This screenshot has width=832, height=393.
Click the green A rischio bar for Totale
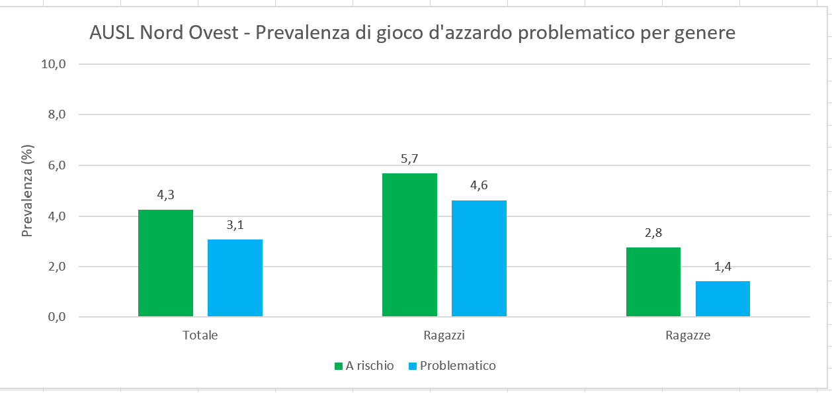coord(165,263)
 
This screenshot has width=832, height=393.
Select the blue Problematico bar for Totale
coord(235,278)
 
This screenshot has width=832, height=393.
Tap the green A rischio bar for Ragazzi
coord(409,245)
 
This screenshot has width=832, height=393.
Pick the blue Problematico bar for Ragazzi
coord(479,259)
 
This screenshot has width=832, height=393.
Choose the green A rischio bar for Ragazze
coord(653,282)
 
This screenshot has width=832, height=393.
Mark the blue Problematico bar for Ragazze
coord(722,299)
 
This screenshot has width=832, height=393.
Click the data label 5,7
coord(409,159)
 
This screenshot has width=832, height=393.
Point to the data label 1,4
coord(722,267)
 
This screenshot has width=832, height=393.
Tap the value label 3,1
coord(235,225)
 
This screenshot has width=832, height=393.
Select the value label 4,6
coord(479,186)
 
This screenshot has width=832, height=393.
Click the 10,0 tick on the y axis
coord(54,64)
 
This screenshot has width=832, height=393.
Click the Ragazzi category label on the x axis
coord(444,335)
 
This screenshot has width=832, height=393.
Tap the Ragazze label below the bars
coord(688,335)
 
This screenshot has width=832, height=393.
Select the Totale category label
coord(200,335)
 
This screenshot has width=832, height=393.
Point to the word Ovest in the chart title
coord(213,33)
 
